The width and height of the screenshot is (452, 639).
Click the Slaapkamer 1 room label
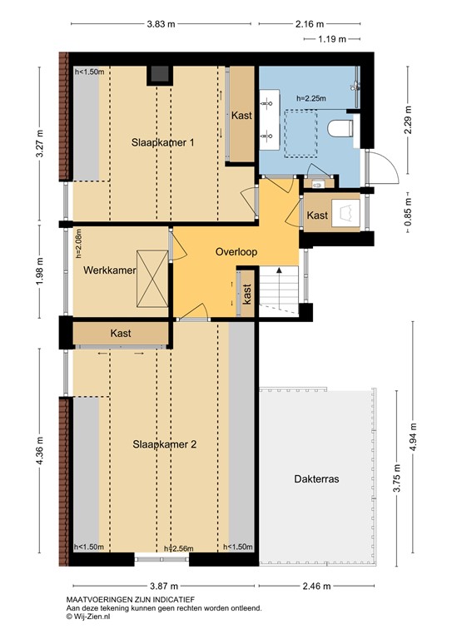click(x=163, y=142)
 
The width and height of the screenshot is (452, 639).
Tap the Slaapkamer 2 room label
click(x=164, y=444)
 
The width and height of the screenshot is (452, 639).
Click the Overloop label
click(x=236, y=251)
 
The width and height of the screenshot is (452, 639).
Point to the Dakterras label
click(x=316, y=479)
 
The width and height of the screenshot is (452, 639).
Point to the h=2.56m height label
click(x=180, y=547)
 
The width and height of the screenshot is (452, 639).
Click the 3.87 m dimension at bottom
click(x=163, y=587)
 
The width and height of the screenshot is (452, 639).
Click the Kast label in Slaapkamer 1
click(x=241, y=115)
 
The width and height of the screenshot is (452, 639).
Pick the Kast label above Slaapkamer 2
click(x=121, y=333)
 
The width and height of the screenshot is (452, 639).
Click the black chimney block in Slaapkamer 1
click(x=159, y=75)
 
